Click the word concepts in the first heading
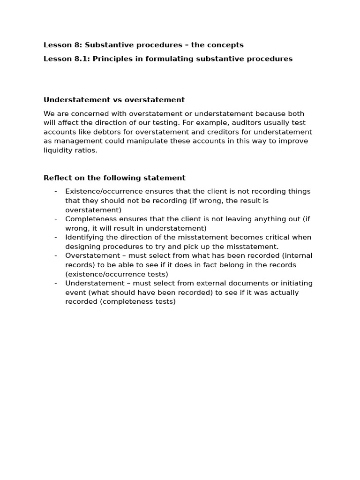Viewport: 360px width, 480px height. coord(227,45)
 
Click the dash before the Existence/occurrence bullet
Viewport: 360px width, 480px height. coord(56,191)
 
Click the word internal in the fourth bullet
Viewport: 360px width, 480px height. coord(296,255)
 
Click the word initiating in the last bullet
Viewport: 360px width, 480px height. coord(295,283)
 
